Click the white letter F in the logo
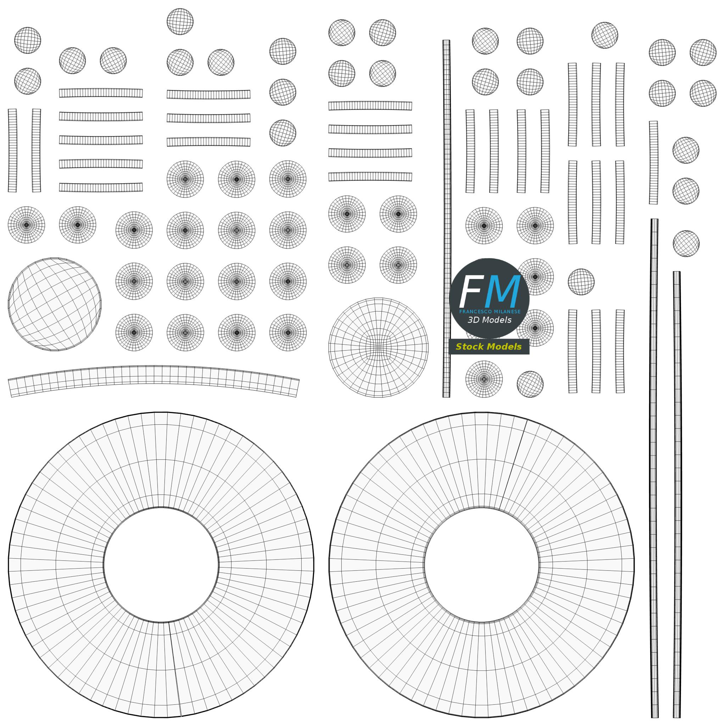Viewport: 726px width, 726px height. (x=470, y=292)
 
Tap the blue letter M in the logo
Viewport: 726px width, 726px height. (x=503, y=292)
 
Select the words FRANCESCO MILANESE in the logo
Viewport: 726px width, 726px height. (x=490, y=312)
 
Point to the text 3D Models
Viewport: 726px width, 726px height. (x=489, y=320)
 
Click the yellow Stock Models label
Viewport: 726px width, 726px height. (x=488, y=346)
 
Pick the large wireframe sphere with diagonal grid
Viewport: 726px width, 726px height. (x=55, y=305)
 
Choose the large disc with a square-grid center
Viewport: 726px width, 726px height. (x=378, y=348)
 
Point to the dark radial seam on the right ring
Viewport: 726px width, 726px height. (x=513, y=463)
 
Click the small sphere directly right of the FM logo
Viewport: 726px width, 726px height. (x=581, y=282)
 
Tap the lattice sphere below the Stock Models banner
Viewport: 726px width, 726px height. (x=530, y=384)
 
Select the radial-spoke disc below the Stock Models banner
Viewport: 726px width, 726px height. (x=484, y=379)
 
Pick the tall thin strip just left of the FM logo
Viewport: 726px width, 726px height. (x=446, y=218)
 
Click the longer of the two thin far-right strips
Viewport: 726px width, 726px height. (x=654, y=468)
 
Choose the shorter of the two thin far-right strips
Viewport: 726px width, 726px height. (x=677, y=495)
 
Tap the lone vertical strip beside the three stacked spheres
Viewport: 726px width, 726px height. (x=653, y=163)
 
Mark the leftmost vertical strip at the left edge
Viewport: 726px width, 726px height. (x=12, y=150)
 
